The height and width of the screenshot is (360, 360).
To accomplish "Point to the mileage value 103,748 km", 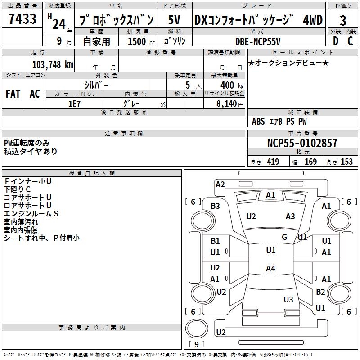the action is coord(53,64).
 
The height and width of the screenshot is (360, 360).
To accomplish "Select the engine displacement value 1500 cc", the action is coord(140,41).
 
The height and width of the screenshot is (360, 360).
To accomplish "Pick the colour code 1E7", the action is coord(74,103).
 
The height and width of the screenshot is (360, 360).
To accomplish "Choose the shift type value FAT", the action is coord(13,94).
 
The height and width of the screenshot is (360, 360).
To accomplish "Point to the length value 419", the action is coord(272,162).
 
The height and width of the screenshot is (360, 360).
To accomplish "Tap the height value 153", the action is coord(346,162).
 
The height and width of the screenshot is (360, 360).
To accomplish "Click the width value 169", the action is coord(310,162).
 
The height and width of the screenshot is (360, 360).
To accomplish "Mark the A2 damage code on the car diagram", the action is coord(220,184).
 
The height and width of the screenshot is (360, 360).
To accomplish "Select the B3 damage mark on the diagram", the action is coord(215,206).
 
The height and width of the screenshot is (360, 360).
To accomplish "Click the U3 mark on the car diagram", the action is coord(288,299).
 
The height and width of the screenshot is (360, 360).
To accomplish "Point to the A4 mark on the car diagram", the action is coord(270,269).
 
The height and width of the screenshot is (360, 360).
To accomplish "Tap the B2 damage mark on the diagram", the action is coord(320,292).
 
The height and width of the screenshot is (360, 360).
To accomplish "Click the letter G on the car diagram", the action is coord(284,237).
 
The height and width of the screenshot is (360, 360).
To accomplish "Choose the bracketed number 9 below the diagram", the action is coord(196,344).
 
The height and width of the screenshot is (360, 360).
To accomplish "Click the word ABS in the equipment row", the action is coord(258,121).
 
